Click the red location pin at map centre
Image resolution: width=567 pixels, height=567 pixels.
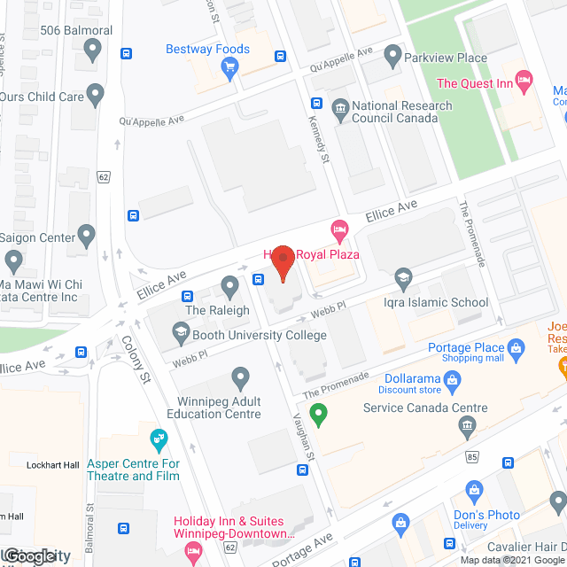pyautogui.click(x=283, y=263)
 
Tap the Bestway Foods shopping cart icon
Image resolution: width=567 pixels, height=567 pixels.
pyautogui.click(x=230, y=66)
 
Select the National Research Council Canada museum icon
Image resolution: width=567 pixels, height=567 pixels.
pyautogui.click(x=340, y=110)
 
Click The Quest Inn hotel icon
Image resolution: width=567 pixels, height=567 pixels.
pyautogui.click(x=524, y=83)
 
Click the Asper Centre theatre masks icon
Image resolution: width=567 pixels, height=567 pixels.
pyautogui.click(x=159, y=438)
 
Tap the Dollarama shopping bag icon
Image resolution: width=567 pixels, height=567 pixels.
pyautogui.click(x=453, y=381)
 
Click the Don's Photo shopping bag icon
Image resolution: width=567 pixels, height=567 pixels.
pyautogui.click(x=475, y=490)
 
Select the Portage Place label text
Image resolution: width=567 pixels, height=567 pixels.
pyautogui.click(x=465, y=347)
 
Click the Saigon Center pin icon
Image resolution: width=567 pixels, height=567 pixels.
pyautogui.click(x=86, y=235)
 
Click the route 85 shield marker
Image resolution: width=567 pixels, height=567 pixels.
pyautogui.click(x=472, y=457)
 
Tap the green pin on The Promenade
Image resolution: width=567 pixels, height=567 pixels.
pyautogui.click(x=319, y=412)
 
